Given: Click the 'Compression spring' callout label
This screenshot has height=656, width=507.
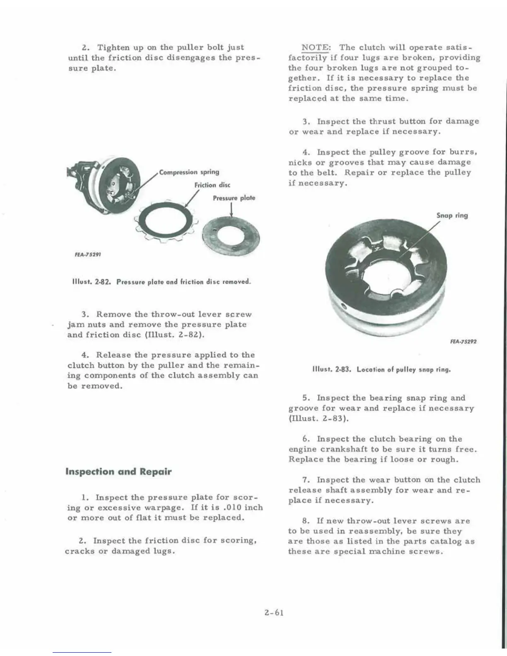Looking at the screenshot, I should point(189,172).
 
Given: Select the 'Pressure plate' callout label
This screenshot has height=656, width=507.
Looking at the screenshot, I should point(234,198).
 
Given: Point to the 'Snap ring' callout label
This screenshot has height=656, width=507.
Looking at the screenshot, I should point(452,215).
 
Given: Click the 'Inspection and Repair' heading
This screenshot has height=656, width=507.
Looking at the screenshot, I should point(118,472).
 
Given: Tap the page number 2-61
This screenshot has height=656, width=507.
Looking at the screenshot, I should point(273,613).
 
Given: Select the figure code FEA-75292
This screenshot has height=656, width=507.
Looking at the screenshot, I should point(463,342).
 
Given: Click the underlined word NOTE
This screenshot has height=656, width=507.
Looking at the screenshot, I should point(315,47).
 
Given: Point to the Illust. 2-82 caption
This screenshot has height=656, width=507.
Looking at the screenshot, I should point(162,282).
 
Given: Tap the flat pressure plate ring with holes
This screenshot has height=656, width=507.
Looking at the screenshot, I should point(230,236).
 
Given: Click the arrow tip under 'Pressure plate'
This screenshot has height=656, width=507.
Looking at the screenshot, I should point(231,217).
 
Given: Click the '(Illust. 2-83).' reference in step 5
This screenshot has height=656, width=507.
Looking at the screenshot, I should point(319,418).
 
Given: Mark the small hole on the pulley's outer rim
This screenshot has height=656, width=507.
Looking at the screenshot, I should point(343,306).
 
